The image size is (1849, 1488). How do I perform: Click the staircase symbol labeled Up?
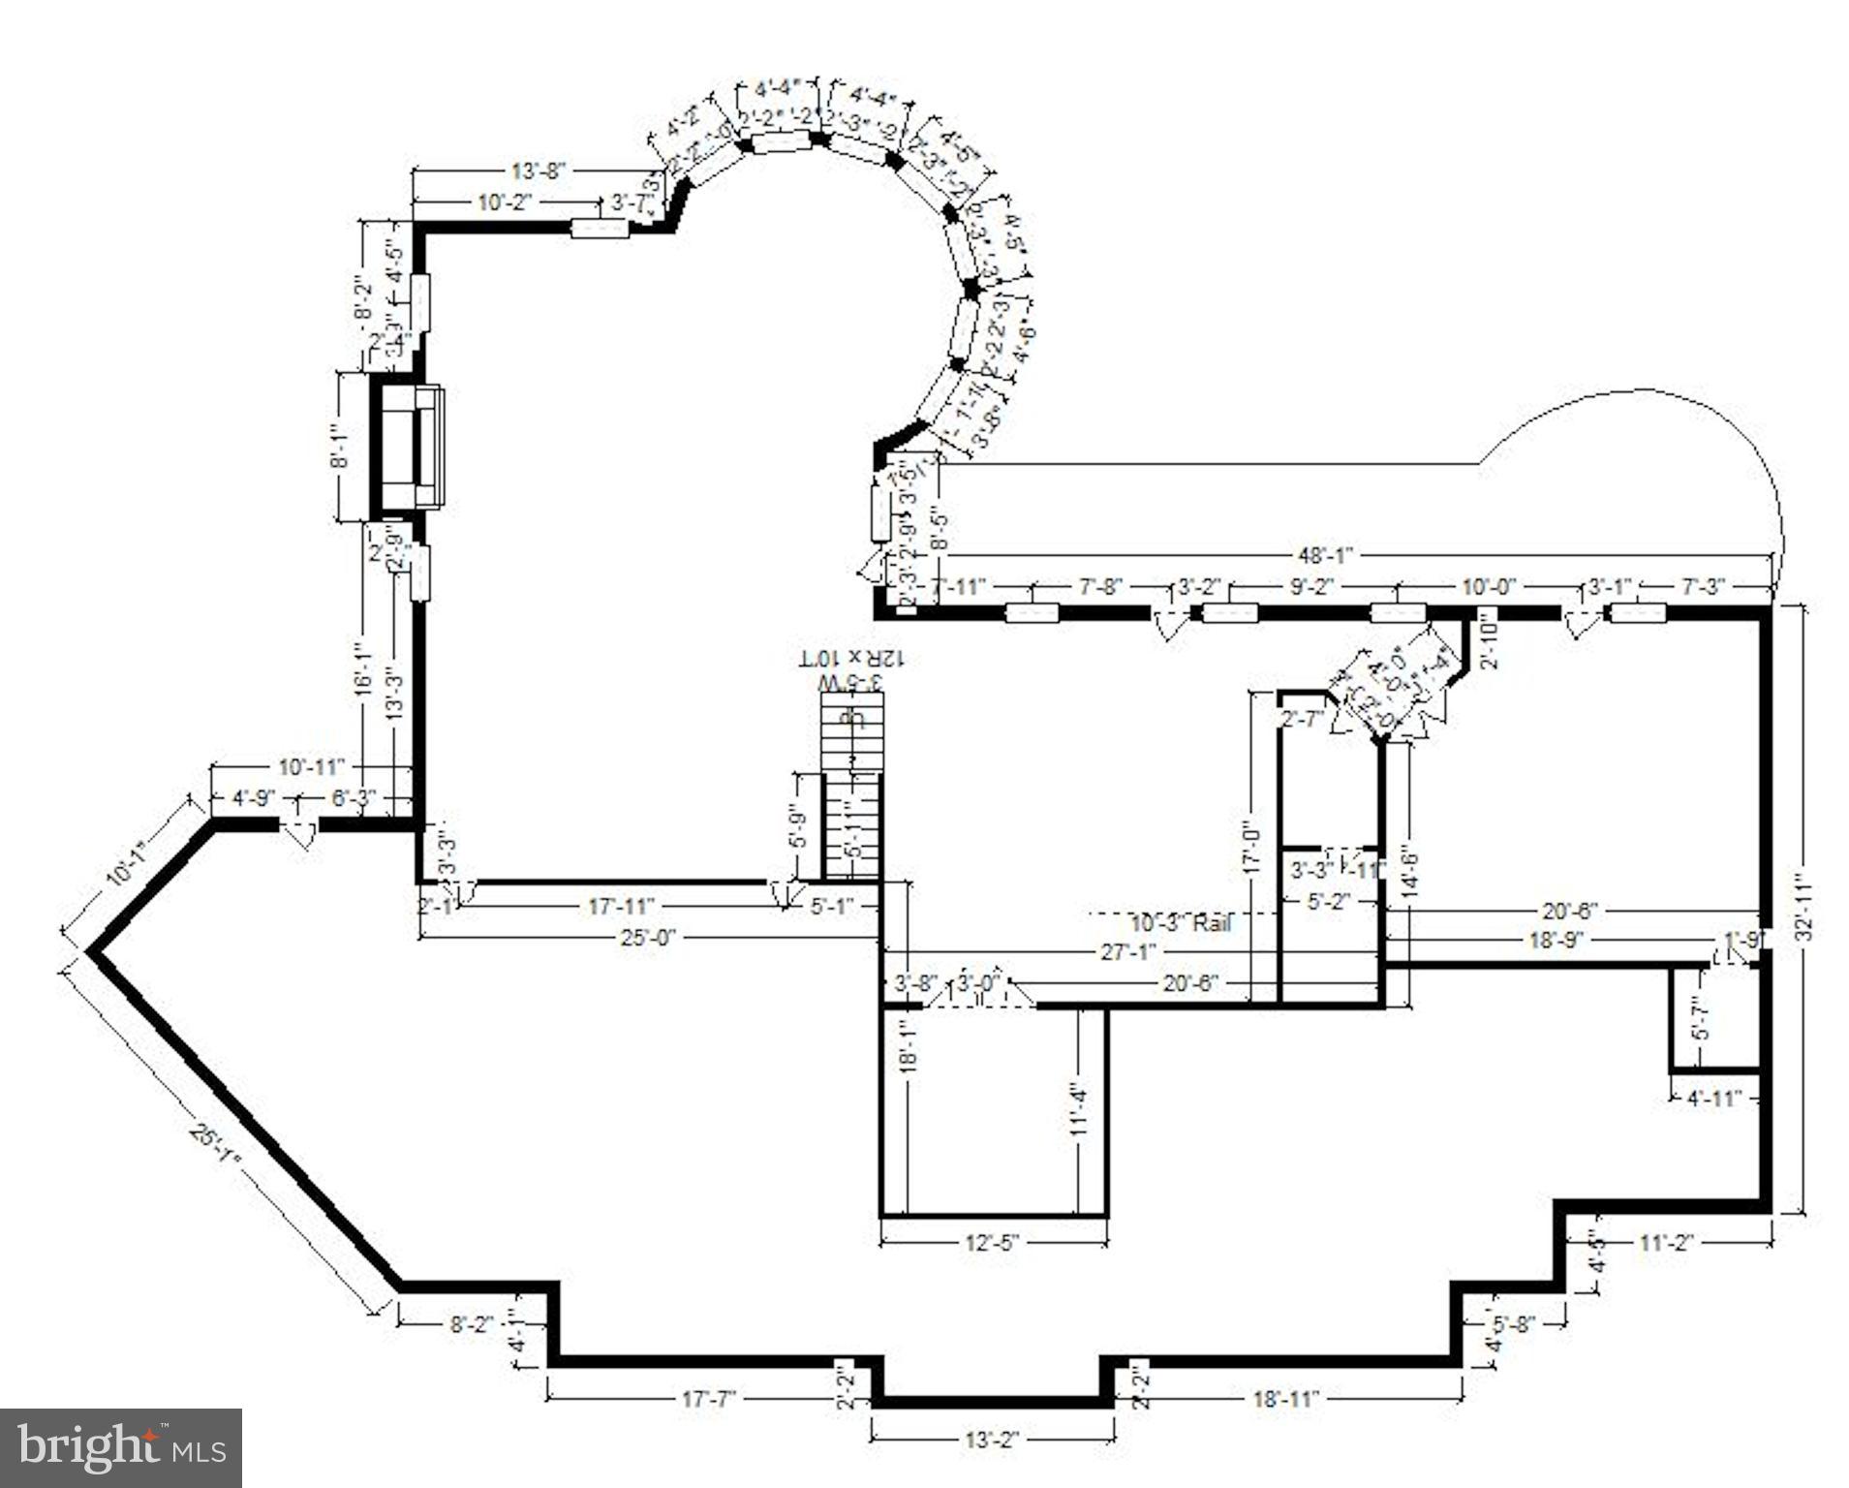(851, 736)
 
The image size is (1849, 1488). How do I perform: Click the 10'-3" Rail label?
(1181, 922)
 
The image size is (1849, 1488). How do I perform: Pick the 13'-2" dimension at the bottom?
(992, 1440)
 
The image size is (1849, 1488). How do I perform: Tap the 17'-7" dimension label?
(709, 1399)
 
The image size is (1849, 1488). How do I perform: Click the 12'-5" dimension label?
(993, 1241)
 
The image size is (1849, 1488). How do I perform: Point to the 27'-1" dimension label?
(1128, 952)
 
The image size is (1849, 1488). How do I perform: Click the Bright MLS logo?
(121, 1447)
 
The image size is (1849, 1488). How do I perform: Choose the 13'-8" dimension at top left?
(538, 171)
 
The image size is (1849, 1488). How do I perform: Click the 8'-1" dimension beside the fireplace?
(340, 447)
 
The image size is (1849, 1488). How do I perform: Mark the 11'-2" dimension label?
(1665, 1242)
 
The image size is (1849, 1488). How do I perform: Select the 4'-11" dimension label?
(1713, 1098)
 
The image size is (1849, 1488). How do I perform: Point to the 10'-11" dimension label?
(312, 767)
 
